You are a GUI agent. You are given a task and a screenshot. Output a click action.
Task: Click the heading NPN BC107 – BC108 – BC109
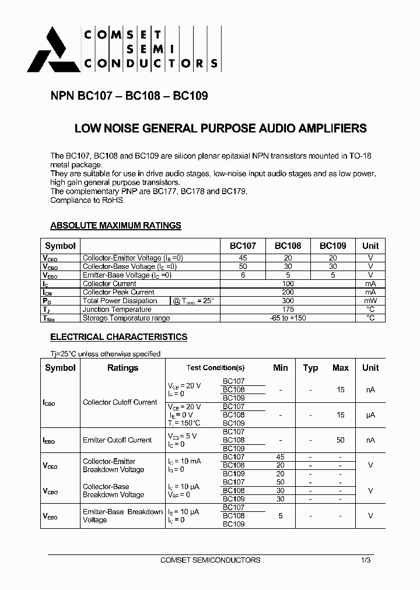point(129,96)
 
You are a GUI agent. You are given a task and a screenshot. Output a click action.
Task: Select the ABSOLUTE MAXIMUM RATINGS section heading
point(116,226)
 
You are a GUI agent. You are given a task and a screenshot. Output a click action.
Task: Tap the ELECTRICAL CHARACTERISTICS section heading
point(118,337)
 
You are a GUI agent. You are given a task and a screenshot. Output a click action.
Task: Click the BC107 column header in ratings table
point(243,246)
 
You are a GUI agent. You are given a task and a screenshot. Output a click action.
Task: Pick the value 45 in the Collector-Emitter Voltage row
point(243,258)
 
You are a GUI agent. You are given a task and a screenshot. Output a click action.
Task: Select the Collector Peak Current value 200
point(288,292)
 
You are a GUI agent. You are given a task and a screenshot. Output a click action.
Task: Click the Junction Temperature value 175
point(288,310)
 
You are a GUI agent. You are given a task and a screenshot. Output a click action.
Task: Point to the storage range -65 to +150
point(288,318)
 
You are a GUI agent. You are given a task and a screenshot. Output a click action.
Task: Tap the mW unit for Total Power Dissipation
point(370,301)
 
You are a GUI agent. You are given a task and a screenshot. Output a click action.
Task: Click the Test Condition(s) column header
point(215,368)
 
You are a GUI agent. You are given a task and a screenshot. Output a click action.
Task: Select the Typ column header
point(310,368)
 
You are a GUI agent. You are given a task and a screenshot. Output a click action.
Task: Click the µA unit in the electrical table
point(370,415)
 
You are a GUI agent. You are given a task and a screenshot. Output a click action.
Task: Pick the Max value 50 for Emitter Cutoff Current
point(340,440)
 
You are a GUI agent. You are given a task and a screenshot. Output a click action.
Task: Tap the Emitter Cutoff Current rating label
point(117,440)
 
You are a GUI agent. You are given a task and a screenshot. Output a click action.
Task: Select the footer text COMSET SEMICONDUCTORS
point(210,560)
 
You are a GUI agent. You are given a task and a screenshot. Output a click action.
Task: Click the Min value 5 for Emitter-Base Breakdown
point(281,516)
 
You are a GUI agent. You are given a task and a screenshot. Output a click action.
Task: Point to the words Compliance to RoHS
point(87,200)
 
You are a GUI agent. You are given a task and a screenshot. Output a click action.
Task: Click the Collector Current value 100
point(288,283)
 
